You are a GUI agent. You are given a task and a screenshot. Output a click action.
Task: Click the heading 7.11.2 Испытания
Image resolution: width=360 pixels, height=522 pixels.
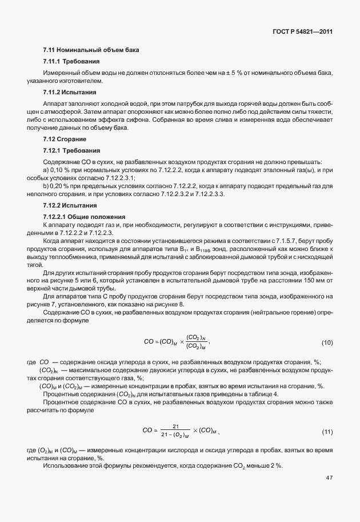tap(69, 92)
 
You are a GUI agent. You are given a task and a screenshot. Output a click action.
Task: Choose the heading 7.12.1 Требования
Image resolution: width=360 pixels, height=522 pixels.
tap(71, 150)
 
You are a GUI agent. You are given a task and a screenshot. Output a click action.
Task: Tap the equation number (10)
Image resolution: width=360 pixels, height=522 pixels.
tap(327, 342)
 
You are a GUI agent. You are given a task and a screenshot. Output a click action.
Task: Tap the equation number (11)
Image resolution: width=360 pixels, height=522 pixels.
tap(327, 431)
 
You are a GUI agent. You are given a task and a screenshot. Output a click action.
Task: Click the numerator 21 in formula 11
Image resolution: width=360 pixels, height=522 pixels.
tap(176, 426)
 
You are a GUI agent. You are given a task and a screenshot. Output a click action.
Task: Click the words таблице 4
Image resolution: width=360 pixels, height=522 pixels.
tap(261, 394)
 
